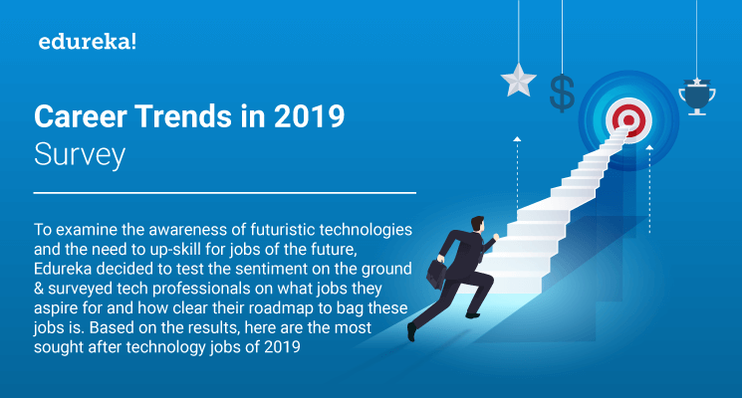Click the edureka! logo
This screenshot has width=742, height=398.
(82, 43)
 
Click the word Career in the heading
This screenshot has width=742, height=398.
(78, 117)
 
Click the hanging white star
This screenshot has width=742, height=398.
(519, 80)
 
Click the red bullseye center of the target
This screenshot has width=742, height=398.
(626, 120)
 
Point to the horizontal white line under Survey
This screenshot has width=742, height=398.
(224, 192)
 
